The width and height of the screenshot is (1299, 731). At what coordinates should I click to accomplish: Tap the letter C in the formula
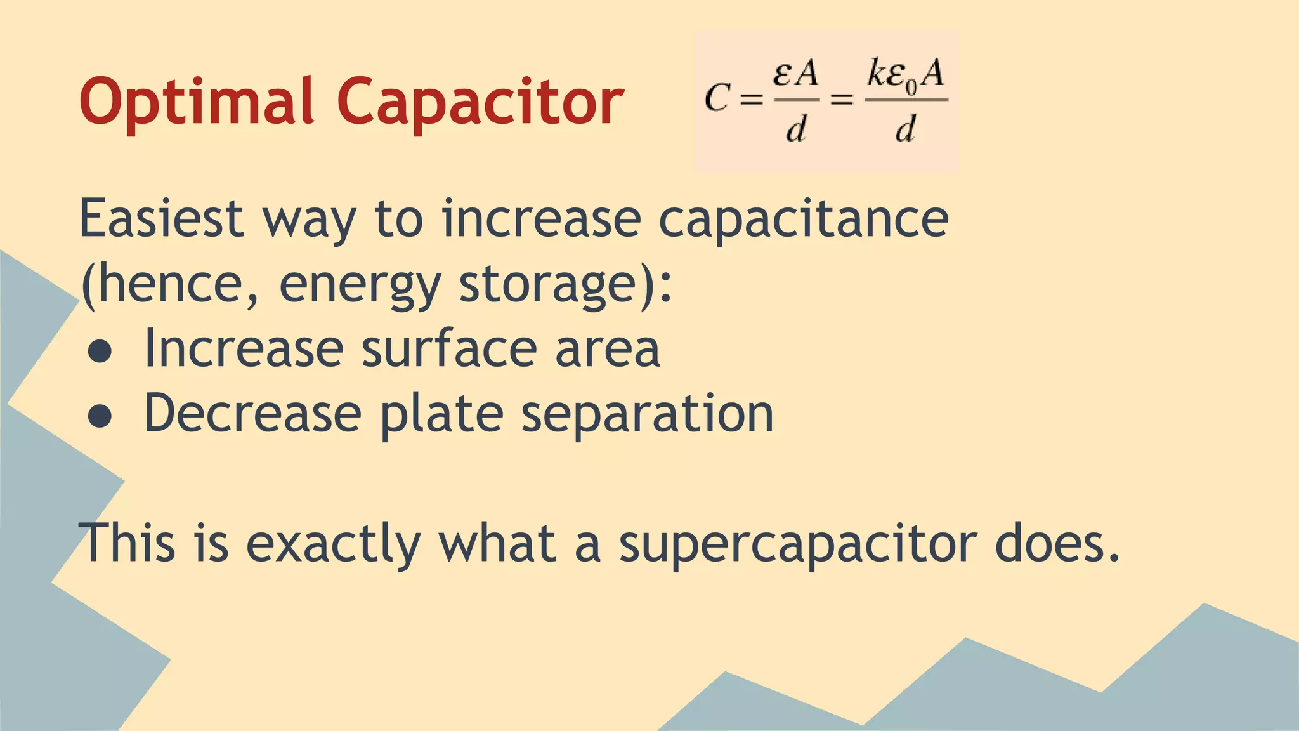point(717,99)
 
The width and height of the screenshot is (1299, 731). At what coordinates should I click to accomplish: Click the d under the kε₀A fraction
point(905,129)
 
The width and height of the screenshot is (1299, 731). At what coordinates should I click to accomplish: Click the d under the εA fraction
point(796,129)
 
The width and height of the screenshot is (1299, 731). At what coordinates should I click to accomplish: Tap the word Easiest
point(161,219)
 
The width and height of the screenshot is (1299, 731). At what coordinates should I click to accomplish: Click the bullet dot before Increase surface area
point(100,352)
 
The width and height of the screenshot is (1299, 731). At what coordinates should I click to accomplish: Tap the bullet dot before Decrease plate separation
point(100,416)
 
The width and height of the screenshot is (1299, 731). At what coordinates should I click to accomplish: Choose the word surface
point(449,349)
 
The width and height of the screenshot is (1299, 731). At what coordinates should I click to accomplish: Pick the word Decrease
point(252,414)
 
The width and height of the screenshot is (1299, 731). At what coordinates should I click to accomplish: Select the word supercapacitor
point(798,544)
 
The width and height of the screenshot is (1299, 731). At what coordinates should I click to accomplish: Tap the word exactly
point(333,544)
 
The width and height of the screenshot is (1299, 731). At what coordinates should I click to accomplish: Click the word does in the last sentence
point(1057,544)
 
